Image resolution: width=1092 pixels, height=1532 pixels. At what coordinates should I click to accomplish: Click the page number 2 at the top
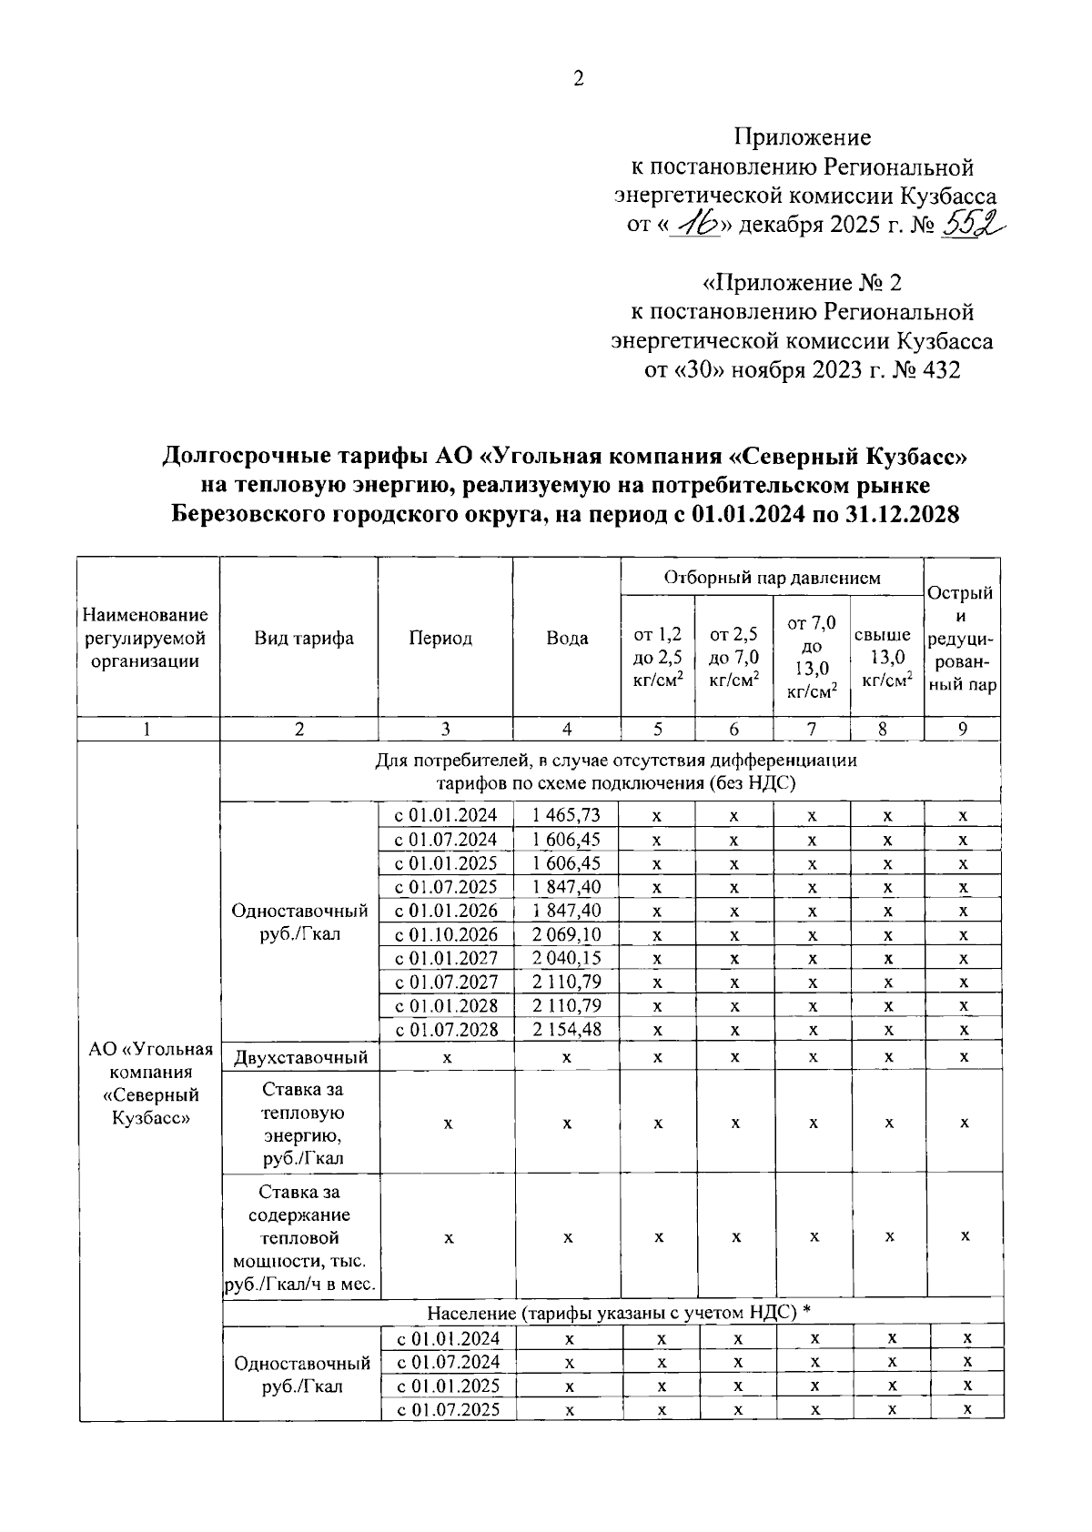tap(577, 79)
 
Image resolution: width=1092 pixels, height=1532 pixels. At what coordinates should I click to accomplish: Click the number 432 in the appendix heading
tap(940, 370)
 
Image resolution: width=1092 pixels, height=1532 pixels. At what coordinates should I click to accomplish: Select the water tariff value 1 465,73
tap(566, 815)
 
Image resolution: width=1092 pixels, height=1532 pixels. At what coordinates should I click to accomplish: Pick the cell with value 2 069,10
tap(566, 934)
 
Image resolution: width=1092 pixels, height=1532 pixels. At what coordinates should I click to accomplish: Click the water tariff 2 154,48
tap(566, 1029)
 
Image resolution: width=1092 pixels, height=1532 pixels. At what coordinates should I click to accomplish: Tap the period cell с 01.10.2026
tap(446, 934)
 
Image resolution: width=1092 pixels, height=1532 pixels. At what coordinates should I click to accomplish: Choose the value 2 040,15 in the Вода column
tap(566, 958)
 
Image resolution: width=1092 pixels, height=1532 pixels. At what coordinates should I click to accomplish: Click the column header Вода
tap(566, 638)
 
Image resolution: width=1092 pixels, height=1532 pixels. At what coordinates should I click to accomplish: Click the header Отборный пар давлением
tap(772, 578)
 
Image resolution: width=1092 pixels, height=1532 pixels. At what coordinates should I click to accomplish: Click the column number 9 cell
tap(962, 729)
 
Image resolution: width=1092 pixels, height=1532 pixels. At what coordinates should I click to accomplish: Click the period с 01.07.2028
tap(446, 1029)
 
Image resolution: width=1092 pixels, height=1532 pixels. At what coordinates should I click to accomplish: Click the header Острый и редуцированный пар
tap(963, 639)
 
